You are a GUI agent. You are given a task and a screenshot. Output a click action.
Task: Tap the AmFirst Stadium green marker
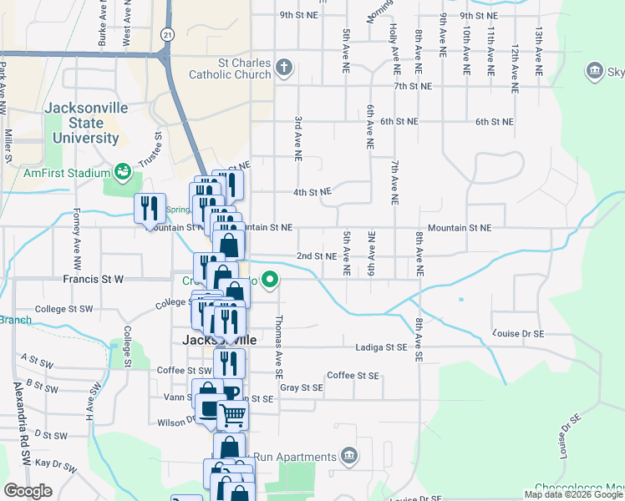(123, 172)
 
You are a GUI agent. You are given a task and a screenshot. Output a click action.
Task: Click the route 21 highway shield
(168, 33)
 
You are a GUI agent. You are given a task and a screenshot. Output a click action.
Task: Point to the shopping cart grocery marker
(233, 413)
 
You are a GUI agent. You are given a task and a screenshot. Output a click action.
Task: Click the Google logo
(28, 491)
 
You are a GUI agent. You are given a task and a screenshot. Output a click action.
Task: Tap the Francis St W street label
(94, 279)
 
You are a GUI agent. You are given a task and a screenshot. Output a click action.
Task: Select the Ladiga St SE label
(381, 347)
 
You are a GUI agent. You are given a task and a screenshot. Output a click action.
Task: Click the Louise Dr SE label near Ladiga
(518, 332)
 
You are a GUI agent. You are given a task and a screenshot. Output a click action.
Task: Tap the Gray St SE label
(301, 387)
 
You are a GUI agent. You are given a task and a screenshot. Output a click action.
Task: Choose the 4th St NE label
(312, 191)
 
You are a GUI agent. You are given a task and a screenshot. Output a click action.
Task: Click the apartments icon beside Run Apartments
(349, 456)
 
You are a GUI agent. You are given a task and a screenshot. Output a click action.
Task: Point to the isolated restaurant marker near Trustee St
(150, 209)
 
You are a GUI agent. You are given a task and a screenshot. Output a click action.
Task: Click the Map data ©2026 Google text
(572, 494)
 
